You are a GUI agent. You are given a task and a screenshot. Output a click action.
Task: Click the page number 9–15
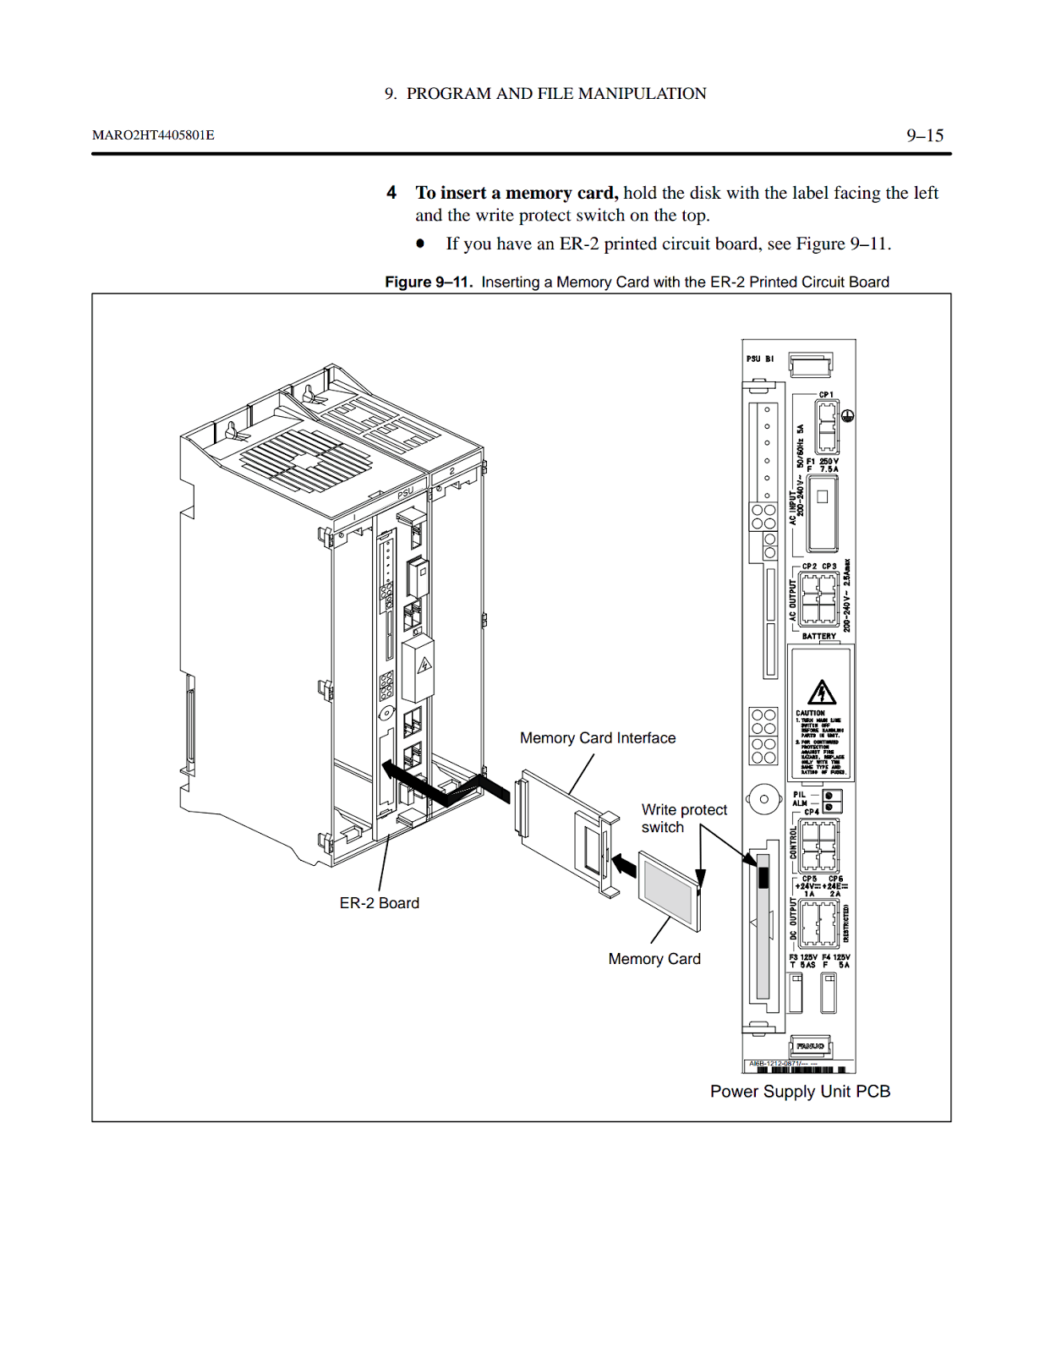[x=924, y=135]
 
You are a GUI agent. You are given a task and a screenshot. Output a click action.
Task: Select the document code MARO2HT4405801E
[x=153, y=135]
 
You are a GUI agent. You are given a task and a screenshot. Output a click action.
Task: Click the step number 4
[x=391, y=193]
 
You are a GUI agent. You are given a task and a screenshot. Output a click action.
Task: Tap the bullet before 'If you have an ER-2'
[x=420, y=244]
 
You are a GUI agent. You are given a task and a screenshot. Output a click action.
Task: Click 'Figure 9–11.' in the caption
[x=429, y=282]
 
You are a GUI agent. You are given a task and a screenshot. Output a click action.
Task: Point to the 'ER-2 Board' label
[x=379, y=903]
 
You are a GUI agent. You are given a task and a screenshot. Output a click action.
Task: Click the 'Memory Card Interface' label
[x=598, y=738]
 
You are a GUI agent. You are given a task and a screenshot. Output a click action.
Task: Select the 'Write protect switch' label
[x=683, y=819]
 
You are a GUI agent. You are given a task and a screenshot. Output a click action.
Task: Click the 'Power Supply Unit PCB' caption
[x=800, y=1092]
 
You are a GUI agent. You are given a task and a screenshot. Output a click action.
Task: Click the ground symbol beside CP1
[x=848, y=416]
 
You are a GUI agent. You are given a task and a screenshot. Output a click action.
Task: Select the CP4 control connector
[x=818, y=845]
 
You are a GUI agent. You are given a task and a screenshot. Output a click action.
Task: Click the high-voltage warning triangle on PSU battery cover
[x=821, y=693]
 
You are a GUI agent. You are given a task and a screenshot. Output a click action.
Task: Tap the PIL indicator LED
[x=831, y=796]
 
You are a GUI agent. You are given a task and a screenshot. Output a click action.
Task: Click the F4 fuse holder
[x=829, y=993]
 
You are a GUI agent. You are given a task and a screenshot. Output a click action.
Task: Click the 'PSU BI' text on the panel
[x=759, y=359]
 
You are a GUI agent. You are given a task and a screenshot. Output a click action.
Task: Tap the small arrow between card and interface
[x=624, y=865]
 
